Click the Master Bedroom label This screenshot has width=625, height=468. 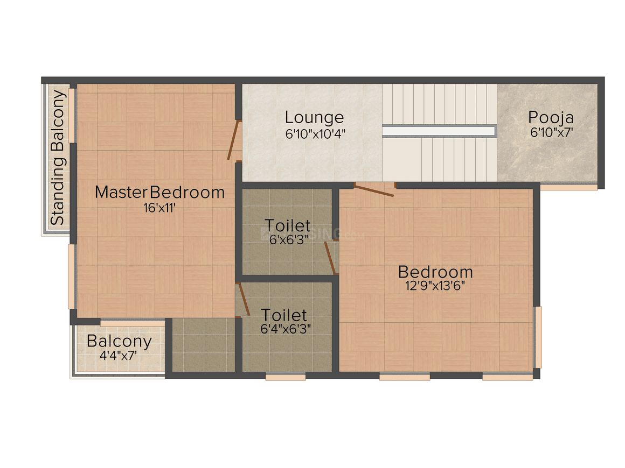[x=159, y=192]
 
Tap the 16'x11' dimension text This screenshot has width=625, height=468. [x=159, y=208]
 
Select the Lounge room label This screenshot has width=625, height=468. [x=314, y=117]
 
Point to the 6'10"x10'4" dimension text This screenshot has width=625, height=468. [x=314, y=133]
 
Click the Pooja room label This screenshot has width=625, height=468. [x=551, y=117]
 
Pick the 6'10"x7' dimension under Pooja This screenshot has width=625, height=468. [x=551, y=132]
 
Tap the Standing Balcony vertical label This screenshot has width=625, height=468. [x=58, y=158]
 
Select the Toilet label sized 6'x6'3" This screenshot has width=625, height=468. [x=288, y=225]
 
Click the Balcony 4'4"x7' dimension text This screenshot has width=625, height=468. [x=119, y=355]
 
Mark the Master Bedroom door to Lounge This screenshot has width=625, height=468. [x=234, y=141]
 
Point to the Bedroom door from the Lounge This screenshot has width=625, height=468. [x=374, y=189]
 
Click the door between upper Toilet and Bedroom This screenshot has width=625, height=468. [x=330, y=258]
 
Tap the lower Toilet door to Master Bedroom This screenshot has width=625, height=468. [x=242, y=300]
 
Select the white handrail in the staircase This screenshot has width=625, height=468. [x=439, y=131]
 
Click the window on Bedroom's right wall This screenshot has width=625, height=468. [x=537, y=337]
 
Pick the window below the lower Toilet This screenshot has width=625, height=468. [x=286, y=377]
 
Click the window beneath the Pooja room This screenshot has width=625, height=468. [x=568, y=187]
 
